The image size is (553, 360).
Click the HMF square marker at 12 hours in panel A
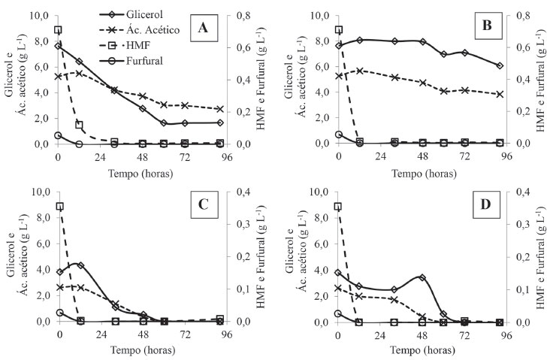[79, 125]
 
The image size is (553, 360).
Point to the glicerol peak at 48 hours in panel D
[423, 277]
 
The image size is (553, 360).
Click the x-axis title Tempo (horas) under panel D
[423, 350]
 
